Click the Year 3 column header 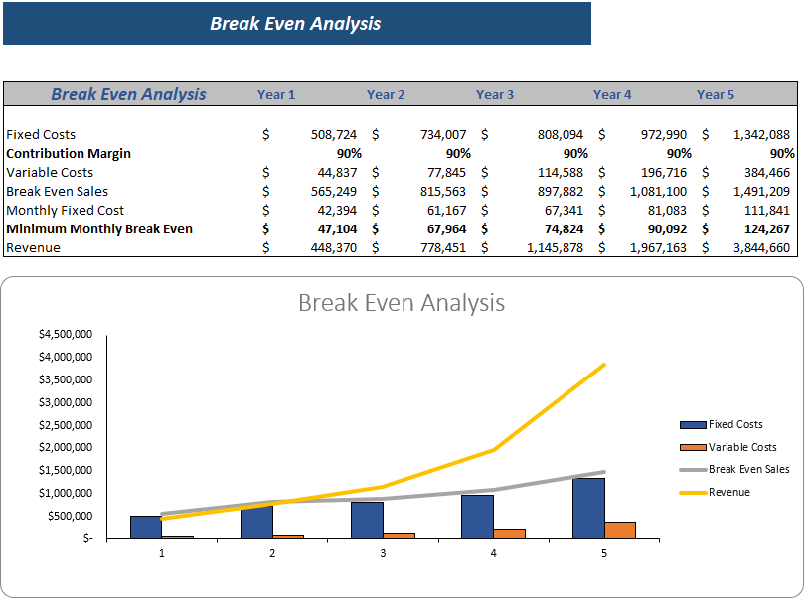(x=495, y=95)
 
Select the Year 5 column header (x=716, y=95)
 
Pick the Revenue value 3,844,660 (x=761, y=248)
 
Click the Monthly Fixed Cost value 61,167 (x=442, y=211)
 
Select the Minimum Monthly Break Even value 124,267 (x=764, y=229)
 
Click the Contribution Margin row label (x=69, y=154)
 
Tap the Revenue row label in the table (x=33, y=248)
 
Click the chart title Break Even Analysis (x=402, y=302)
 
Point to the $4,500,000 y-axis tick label (x=66, y=334)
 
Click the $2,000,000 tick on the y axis (x=66, y=447)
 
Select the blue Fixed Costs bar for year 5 (x=588, y=509)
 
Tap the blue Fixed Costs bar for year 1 (x=145, y=527)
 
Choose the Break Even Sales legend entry (x=748, y=469)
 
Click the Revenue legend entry (x=728, y=492)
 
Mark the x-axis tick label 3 (x=383, y=553)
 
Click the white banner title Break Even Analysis (x=295, y=24)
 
